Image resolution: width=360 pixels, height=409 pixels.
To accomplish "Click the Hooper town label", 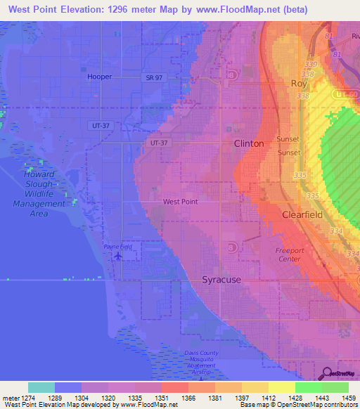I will click(100, 77).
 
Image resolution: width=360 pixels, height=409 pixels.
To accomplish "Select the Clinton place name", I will click(249, 143).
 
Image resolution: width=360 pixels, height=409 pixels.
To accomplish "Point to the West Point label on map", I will click(180, 202).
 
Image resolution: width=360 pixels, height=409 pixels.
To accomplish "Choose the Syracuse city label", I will click(221, 280).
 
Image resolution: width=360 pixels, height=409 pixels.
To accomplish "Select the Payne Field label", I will click(117, 247).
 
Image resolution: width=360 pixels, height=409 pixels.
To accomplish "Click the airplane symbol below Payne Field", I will click(117, 256).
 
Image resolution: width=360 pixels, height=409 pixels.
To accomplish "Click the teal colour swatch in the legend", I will click(41, 387).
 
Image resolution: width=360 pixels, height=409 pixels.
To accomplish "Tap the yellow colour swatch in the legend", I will click(281, 387).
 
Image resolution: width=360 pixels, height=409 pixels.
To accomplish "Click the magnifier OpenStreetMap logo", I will click(325, 372).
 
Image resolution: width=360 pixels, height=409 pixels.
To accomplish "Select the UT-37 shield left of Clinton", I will click(160, 142).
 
